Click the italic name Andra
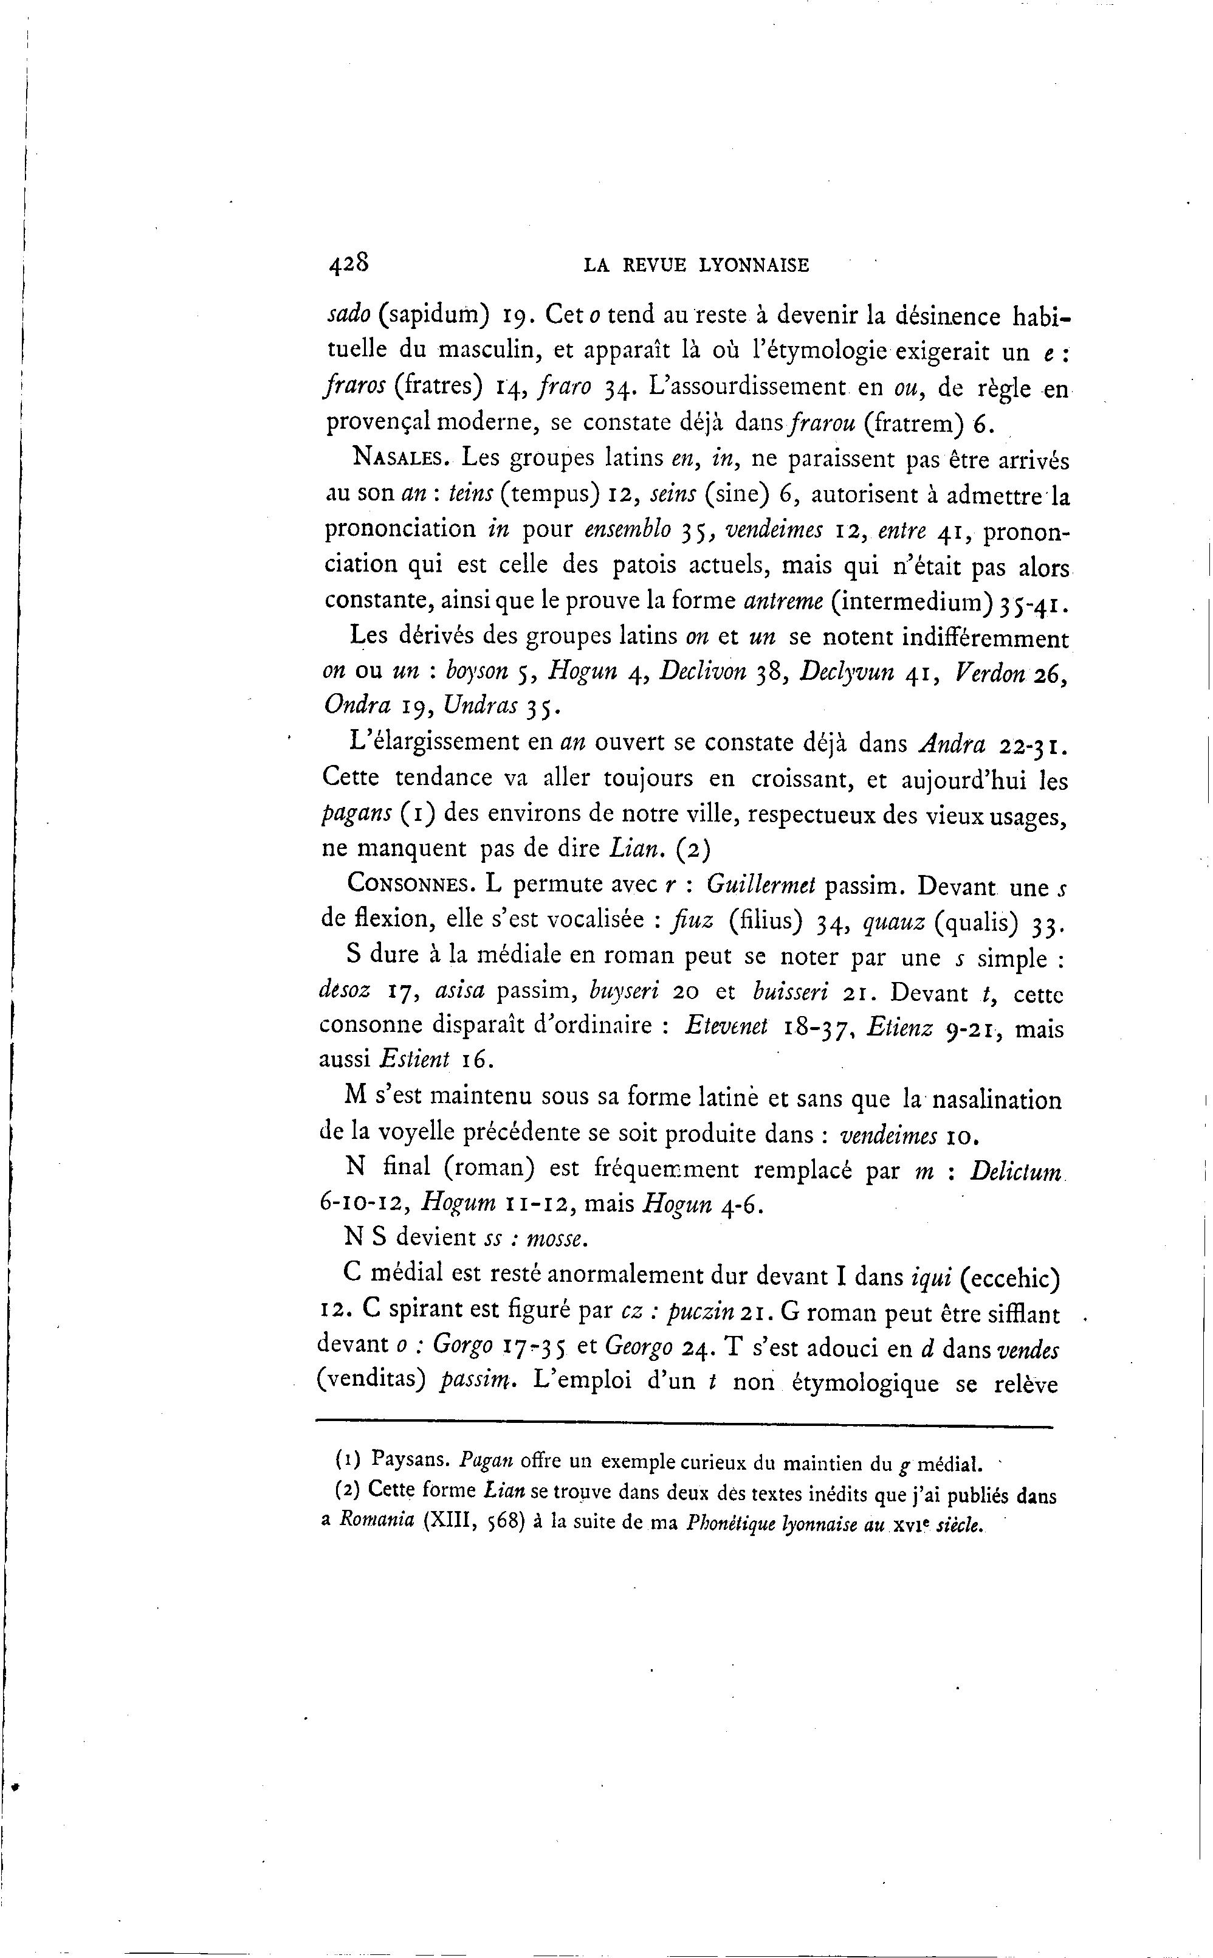[952, 744]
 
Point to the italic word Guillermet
[763, 885]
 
